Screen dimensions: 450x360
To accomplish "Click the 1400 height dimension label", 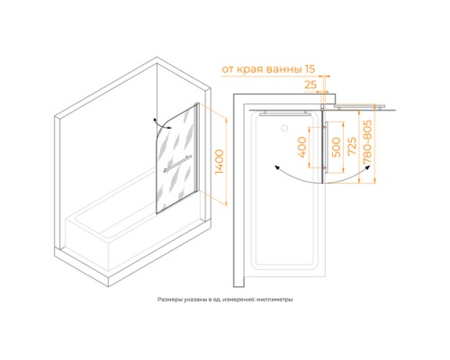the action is point(220,162).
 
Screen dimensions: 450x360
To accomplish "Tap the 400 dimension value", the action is point(302,147).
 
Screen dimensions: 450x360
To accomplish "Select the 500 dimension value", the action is point(336,147).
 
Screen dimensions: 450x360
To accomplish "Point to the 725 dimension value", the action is point(352,146).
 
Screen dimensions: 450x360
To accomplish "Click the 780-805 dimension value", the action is point(367,142).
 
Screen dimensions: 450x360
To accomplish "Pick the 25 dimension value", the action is point(310,85).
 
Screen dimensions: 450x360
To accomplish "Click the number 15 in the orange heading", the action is point(310,69).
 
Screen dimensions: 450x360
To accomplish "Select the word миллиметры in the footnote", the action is point(279,300).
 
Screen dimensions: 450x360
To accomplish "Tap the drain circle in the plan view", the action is point(283,128).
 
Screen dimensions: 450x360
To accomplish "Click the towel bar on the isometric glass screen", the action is point(177,164).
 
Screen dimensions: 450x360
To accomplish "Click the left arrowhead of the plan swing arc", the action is point(277,168).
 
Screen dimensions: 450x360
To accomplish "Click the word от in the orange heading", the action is point(228,69).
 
